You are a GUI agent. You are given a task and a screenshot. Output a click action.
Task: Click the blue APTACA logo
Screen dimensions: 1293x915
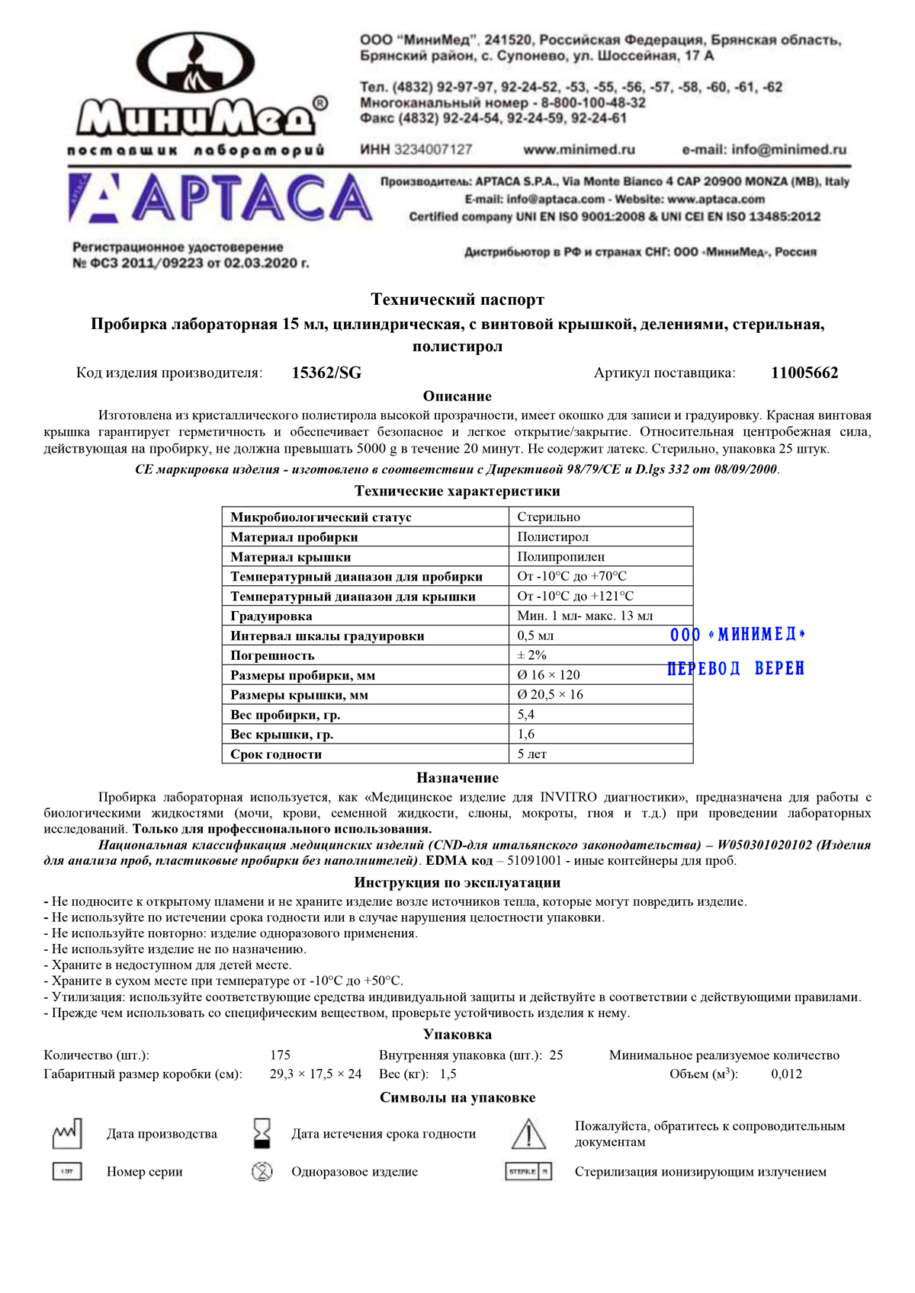[x=221, y=198]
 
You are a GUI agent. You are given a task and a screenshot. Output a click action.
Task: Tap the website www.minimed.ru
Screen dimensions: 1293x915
[x=579, y=149]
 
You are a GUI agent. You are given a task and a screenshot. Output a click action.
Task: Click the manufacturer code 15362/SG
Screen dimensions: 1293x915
[x=326, y=373]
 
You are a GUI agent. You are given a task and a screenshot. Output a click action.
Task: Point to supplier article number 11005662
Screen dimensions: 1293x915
[x=804, y=373]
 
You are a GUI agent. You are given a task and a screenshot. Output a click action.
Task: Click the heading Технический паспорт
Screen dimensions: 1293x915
[x=457, y=299]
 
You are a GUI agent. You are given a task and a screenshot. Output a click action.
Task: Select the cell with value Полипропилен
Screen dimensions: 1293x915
[x=560, y=557]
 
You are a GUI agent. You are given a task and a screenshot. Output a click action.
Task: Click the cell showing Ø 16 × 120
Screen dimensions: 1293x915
[x=548, y=675]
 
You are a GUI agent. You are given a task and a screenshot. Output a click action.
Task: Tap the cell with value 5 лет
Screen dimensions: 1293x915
[x=531, y=754]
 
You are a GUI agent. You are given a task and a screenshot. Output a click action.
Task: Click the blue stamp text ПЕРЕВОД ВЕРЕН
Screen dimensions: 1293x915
[x=736, y=668]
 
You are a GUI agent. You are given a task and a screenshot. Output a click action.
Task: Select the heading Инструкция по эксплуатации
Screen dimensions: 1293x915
[x=457, y=882]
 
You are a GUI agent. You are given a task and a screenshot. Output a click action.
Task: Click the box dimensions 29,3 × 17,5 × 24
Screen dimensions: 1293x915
[x=316, y=1074]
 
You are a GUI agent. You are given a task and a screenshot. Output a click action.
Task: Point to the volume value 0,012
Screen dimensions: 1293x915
[x=786, y=1074]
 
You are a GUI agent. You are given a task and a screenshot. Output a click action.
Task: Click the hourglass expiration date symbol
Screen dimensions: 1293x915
[x=262, y=1134]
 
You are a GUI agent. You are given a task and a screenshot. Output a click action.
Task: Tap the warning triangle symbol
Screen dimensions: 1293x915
[x=528, y=1134]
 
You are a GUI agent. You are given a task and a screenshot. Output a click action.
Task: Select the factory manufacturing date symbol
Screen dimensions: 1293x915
[x=66, y=1134]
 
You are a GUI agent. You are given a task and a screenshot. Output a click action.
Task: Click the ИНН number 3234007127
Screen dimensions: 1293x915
[x=433, y=149]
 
